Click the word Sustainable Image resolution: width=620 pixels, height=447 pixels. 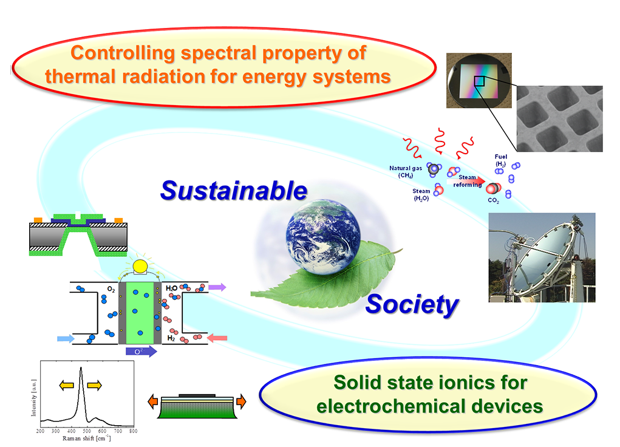tap(234, 191)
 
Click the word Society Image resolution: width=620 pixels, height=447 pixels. tap(412, 305)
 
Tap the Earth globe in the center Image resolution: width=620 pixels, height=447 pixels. tap(323, 236)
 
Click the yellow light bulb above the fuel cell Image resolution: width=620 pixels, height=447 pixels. tap(140, 267)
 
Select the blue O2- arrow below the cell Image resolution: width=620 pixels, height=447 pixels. tap(141, 351)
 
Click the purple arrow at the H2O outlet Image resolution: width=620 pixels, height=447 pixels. tap(217, 287)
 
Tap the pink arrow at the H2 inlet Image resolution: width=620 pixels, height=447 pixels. tap(217, 338)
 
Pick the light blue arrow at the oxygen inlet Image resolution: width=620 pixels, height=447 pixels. tap(66, 339)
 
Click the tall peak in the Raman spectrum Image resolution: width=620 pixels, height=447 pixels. tap(81, 369)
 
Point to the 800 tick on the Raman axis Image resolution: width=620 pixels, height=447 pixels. tap(133, 431)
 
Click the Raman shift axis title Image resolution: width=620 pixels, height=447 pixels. tap(87, 438)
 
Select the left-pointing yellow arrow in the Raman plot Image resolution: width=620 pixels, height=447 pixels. tap(66, 385)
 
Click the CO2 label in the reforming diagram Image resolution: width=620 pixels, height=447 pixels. tap(493, 200)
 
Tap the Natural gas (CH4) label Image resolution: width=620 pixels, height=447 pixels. tap(406, 172)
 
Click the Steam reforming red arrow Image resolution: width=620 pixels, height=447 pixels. tap(466, 181)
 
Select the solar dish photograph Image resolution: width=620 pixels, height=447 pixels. tap(542, 258)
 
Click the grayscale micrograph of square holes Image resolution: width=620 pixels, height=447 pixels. tap(560, 118)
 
